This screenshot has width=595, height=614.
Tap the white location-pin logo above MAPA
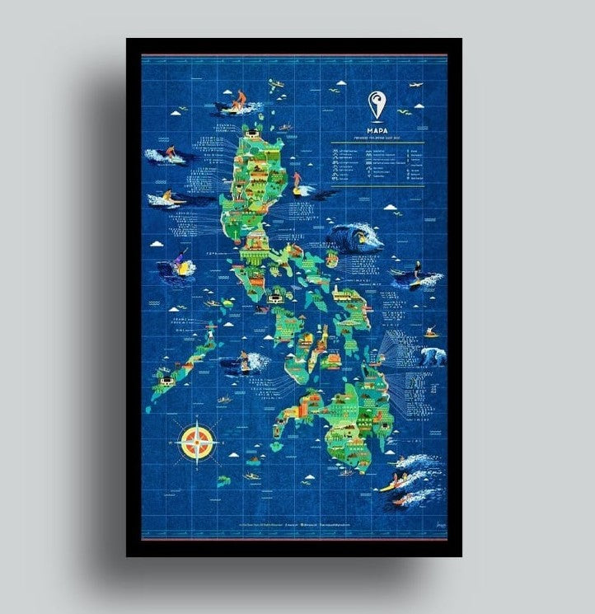(375, 105)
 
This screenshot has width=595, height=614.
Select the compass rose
(196, 439)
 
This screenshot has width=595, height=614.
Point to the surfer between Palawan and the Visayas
(246, 360)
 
